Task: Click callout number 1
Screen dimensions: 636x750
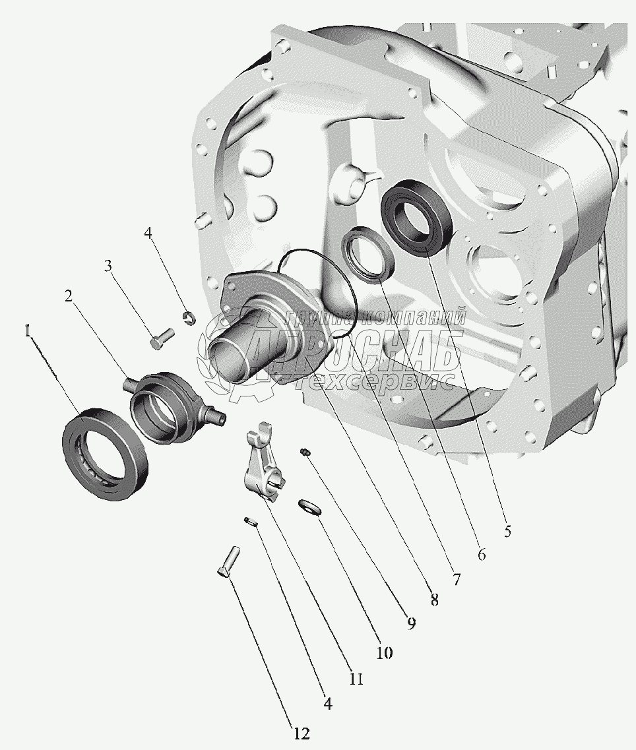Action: point(28,331)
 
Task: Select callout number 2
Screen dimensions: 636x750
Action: point(69,297)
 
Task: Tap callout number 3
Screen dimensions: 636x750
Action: point(109,265)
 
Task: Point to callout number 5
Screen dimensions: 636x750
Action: point(508,530)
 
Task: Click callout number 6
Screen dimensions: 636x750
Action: point(482,554)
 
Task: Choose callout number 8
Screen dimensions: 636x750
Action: point(434,600)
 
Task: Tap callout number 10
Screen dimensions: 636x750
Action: point(384,653)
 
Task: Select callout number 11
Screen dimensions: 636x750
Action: point(356,679)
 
